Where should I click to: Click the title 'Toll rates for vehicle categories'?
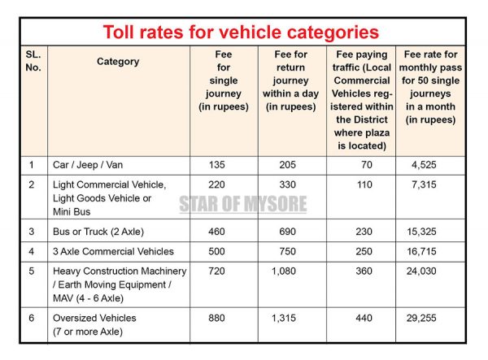point(240,33)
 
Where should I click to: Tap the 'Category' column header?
point(118,62)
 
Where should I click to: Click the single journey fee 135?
point(217,165)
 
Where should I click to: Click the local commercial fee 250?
point(364,252)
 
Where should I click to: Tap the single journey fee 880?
point(217,319)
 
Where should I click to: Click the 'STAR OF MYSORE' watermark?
point(243,203)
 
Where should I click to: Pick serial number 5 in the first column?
point(32,271)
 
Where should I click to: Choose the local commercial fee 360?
point(364,271)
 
